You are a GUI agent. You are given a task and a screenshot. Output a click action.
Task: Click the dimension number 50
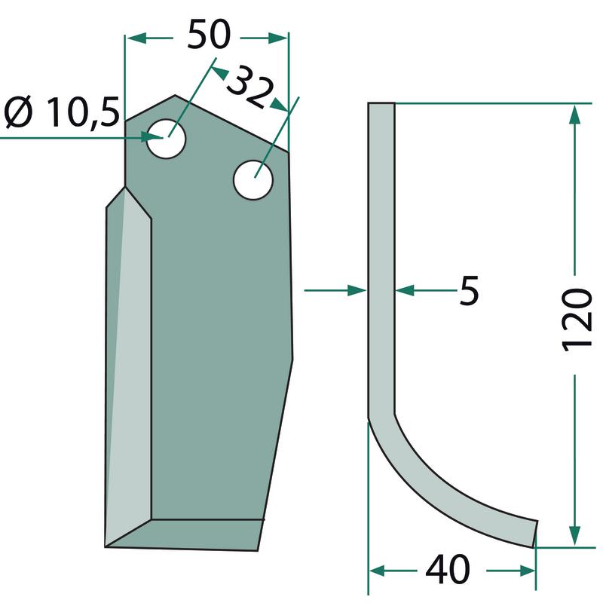pos(209,35)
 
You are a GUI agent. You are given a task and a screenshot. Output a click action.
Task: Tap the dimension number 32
pos(250,87)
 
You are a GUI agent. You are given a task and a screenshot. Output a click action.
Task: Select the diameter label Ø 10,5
pos(62,112)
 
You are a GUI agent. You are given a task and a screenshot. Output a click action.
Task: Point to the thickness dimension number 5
pos(469,290)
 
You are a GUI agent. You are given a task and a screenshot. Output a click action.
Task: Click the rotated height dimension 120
pos(576,320)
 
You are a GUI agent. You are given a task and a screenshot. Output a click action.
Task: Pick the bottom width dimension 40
pos(448,569)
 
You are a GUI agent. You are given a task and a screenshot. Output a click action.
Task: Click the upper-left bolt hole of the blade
pos(166,138)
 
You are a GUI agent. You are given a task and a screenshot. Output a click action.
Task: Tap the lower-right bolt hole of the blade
pos(253,180)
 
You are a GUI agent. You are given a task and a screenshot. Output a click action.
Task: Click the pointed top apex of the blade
pos(175,96)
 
